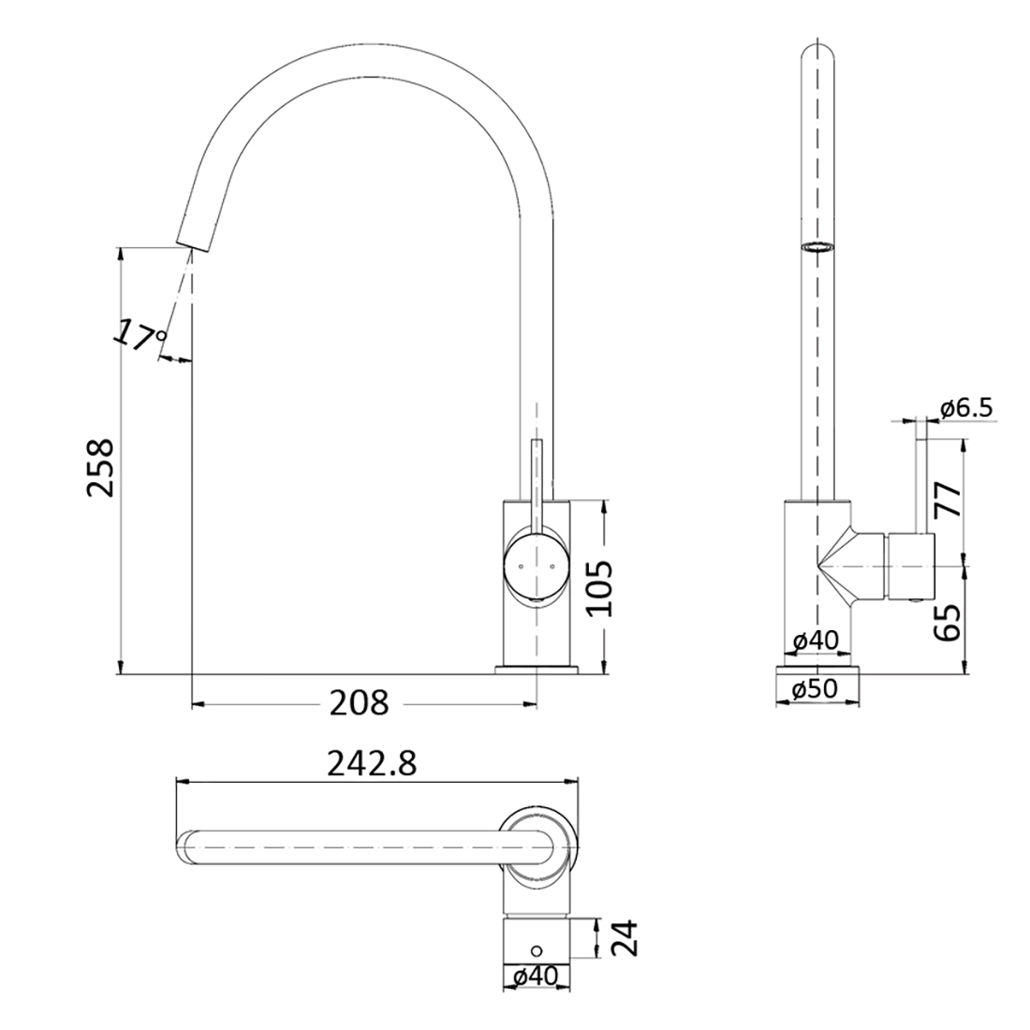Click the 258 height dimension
[100, 467]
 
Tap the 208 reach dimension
[358, 701]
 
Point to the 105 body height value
[598, 588]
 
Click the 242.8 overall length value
[372, 764]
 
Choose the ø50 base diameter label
[814, 689]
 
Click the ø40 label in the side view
[815, 641]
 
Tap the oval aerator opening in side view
[817, 247]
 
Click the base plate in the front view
[537, 669]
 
